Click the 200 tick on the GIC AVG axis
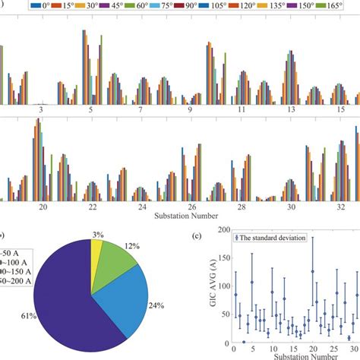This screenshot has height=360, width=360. click(222, 230)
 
